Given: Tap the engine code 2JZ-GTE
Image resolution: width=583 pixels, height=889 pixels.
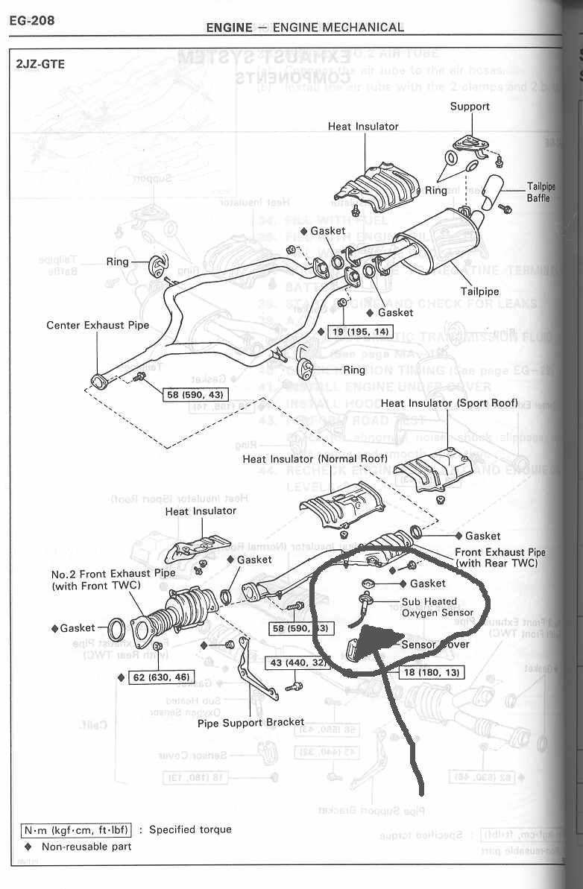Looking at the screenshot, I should click(x=40, y=64).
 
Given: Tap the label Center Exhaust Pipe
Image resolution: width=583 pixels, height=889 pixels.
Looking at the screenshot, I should click(x=98, y=325).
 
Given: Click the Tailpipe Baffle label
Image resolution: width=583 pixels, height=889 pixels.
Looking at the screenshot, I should click(x=538, y=192).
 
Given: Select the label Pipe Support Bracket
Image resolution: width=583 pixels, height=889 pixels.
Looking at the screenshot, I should click(x=250, y=722).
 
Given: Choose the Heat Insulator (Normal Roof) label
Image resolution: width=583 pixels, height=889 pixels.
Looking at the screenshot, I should click(x=319, y=459).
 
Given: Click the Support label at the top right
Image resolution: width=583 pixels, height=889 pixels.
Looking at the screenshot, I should click(x=470, y=107).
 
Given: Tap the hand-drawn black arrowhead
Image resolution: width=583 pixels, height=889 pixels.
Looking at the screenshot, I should click(x=369, y=642).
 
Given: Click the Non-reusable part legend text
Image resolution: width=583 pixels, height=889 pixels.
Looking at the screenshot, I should click(x=86, y=847).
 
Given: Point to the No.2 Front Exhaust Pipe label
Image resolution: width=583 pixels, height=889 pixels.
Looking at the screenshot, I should click(x=113, y=580).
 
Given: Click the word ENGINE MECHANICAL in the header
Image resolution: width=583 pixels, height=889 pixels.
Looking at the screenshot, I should click(x=338, y=28).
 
